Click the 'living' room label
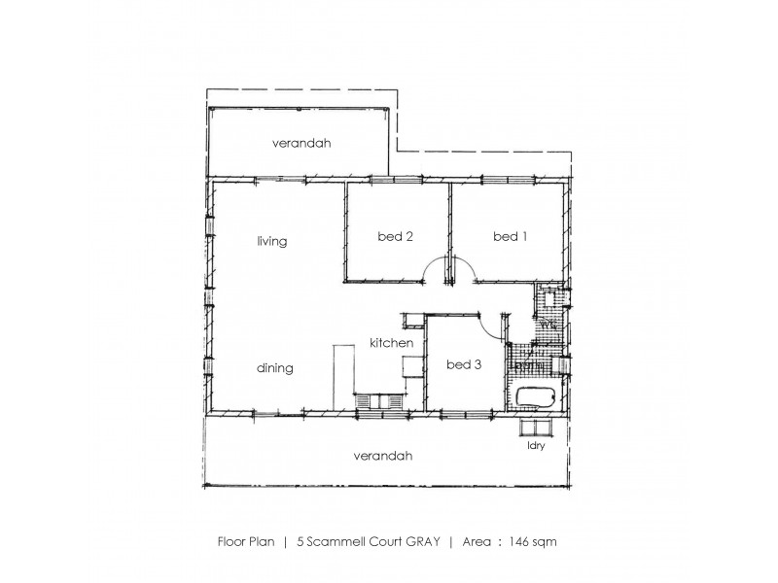[271, 242]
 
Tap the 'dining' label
[275, 369]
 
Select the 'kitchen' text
[392, 344]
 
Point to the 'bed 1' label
[508, 236]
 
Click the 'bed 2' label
[395, 236]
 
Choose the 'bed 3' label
[464, 365]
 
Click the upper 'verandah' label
[301, 143]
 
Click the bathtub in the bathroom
[533, 397]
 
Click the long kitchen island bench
[341, 377]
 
